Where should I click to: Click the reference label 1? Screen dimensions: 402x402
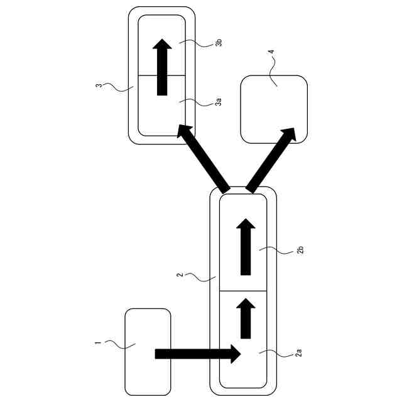(98, 342)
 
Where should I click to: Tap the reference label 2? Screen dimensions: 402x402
(180, 274)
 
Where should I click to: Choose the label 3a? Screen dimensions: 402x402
(218, 101)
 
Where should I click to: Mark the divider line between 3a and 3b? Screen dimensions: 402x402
(161, 75)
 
